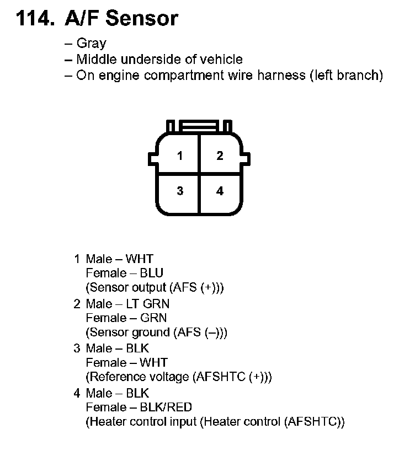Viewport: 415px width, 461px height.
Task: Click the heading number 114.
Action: pos(34,18)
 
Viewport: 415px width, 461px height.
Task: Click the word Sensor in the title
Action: pos(142,18)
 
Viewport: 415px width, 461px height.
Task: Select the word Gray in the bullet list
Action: pos(91,44)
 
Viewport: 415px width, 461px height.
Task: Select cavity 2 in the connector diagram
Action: pos(220,156)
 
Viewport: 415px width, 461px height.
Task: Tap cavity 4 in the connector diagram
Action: pos(220,191)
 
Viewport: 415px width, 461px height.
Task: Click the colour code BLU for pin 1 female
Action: pos(152,273)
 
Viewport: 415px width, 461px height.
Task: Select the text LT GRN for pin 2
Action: pos(148,304)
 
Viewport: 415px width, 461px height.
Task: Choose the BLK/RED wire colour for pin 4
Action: pos(166,408)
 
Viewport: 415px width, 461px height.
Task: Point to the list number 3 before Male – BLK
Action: pos(77,349)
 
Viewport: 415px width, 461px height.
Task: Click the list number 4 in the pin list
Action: pos(77,394)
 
